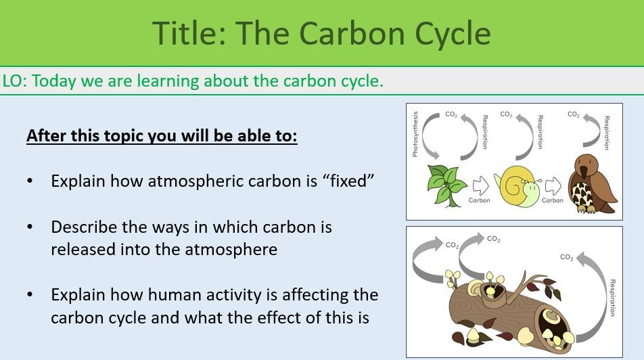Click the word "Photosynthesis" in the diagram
(x=415, y=134)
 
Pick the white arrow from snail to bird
(x=553, y=185)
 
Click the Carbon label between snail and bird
(x=553, y=200)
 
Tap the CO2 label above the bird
(x=574, y=115)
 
